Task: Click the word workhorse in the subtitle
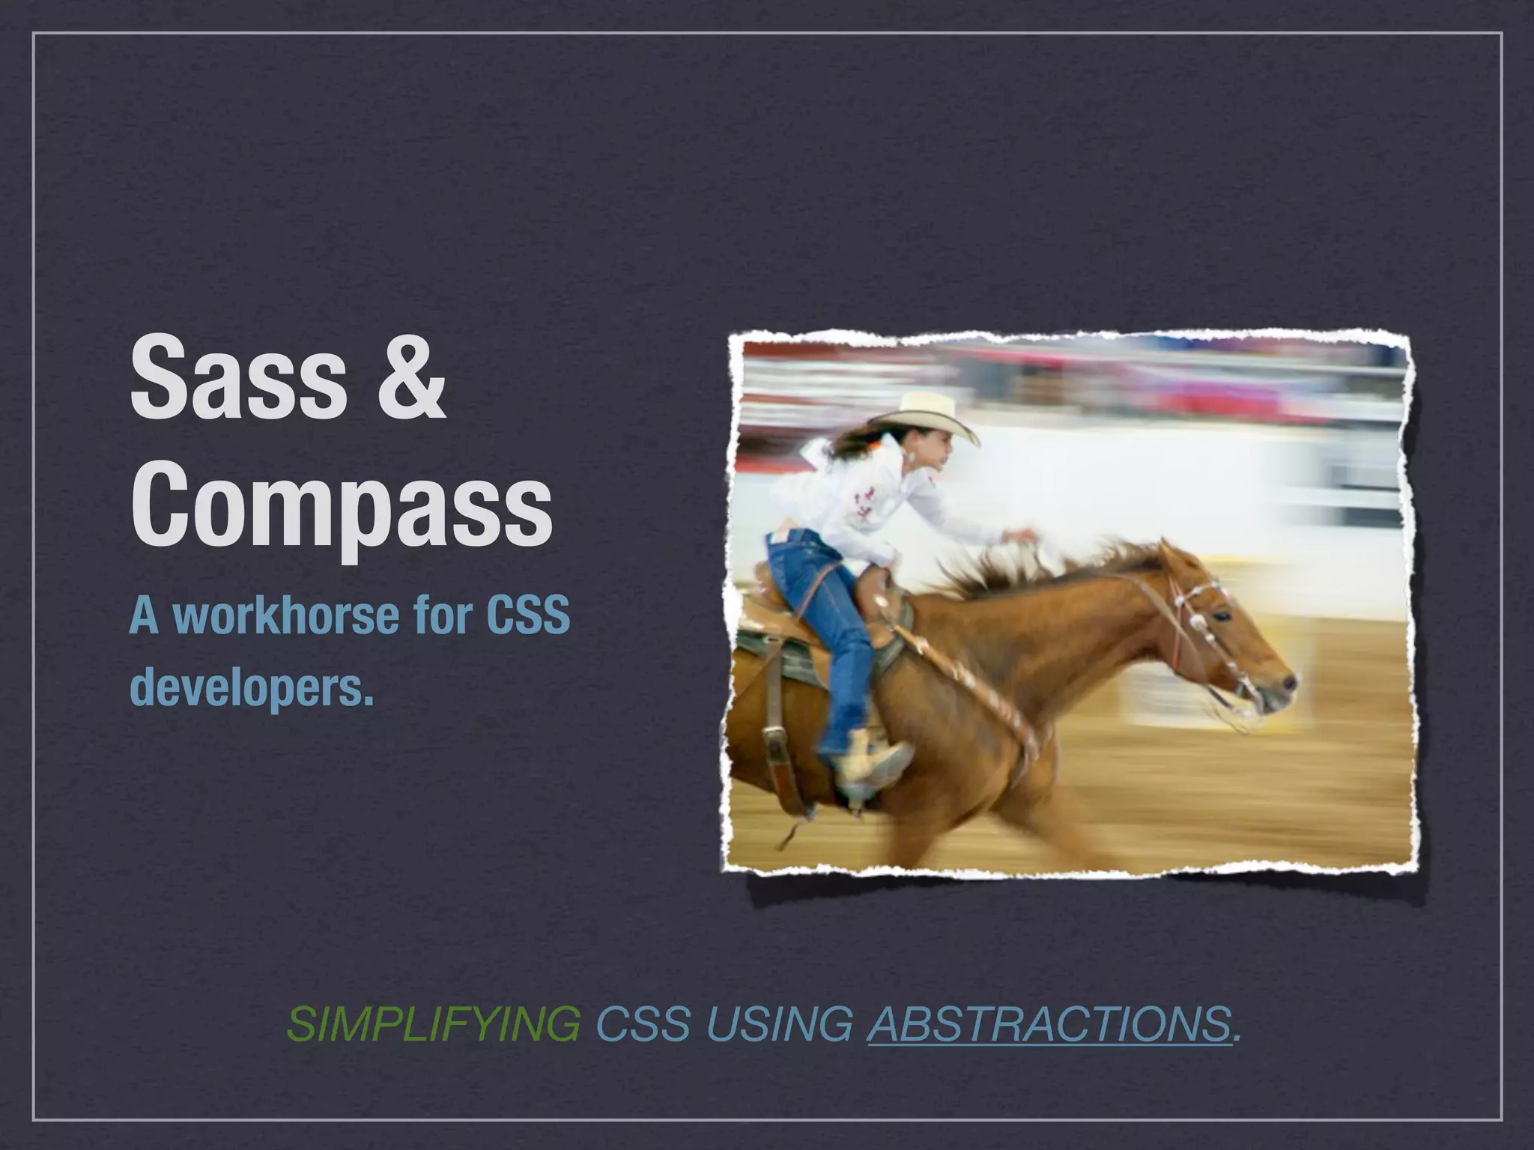tap(286, 615)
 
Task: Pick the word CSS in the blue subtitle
tap(528, 615)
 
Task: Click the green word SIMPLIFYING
tap(433, 1024)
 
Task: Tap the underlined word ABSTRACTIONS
tap(1049, 1024)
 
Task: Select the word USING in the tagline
tap(779, 1024)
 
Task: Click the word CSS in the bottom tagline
tap(643, 1024)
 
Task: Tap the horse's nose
tap(1287, 683)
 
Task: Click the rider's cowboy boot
tap(873, 764)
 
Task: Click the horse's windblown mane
tap(1049, 569)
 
